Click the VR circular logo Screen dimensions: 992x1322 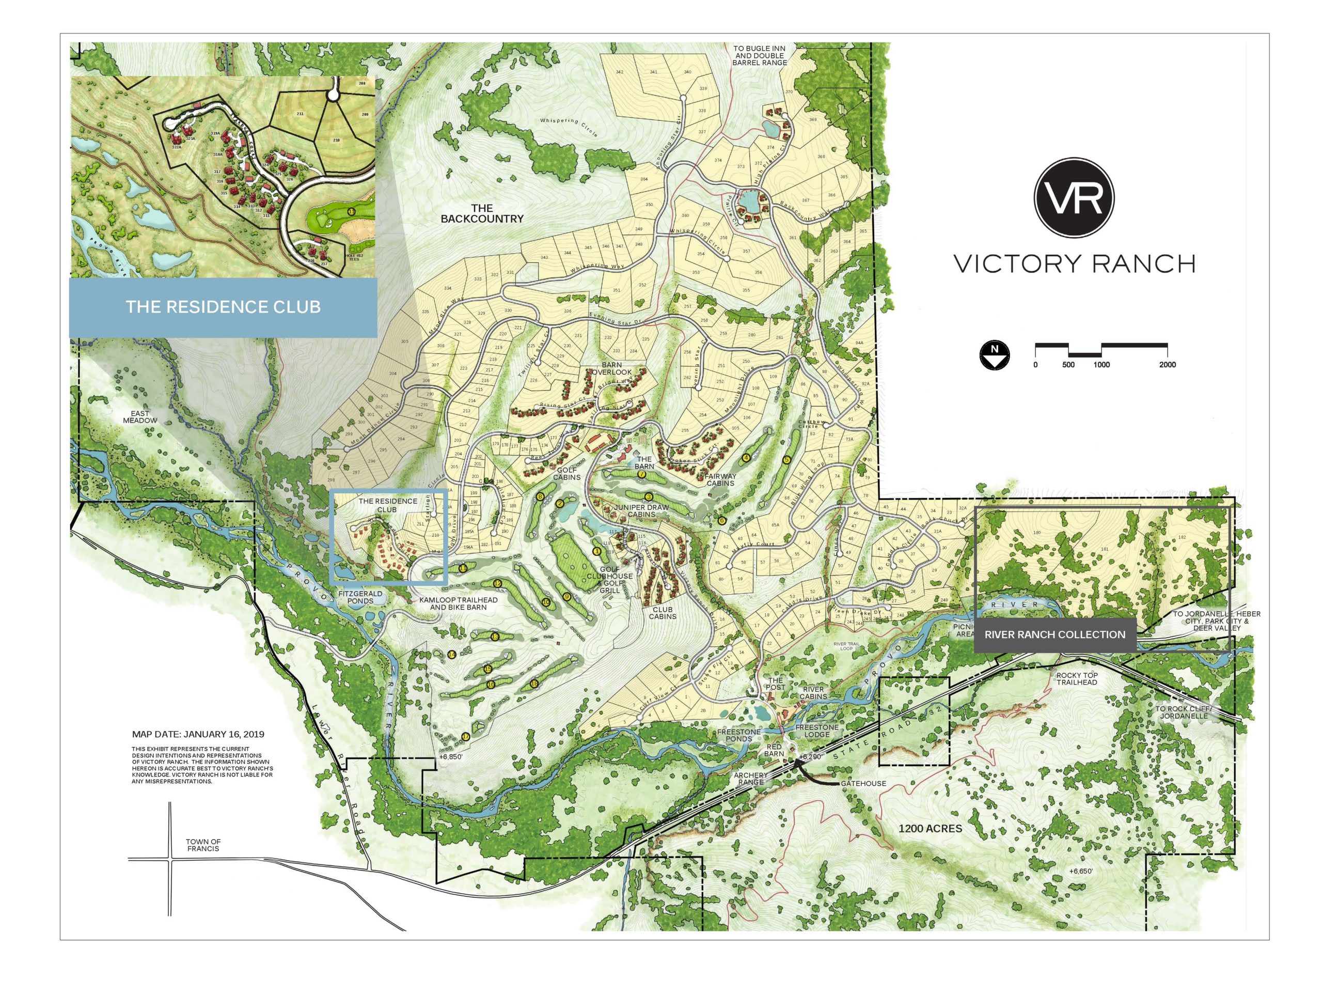[1074, 198]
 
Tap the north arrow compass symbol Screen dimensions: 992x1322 [995, 355]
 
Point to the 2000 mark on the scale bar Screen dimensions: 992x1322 [1167, 364]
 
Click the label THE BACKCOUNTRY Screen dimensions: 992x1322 [482, 213]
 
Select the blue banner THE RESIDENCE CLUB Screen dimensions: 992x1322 [223, 307]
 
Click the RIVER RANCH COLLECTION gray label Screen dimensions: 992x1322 [1055, 634]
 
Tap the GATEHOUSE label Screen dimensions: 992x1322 [863, 783]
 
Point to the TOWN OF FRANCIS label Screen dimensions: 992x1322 [203, 845]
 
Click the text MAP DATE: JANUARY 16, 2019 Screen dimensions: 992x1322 [198, 734]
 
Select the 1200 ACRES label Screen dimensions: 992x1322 [930, 829]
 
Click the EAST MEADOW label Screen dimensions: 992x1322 [140, 417]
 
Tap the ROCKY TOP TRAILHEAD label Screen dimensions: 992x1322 [1077, 679]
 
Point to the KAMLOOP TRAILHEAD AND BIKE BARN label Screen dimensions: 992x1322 [459, 603]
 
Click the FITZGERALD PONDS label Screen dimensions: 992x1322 [360, 597]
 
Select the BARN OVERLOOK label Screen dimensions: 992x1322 [611, 368]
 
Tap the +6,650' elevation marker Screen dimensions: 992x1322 [1080, 871]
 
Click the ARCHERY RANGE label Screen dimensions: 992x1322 [751, 779]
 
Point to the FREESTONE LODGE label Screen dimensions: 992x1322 [816, 731]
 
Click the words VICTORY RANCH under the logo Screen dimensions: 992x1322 [1074, 263]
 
